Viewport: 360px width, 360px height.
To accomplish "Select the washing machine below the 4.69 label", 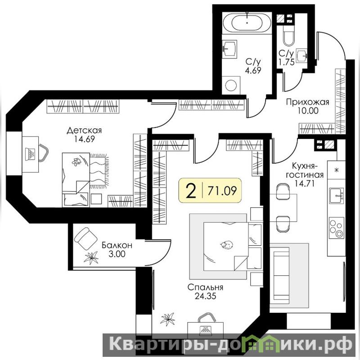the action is [231, 85].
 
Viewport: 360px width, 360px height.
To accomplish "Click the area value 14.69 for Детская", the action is [84, 139].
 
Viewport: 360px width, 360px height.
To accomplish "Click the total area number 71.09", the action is [222, 190].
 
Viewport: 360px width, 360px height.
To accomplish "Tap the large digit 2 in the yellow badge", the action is [191, 191].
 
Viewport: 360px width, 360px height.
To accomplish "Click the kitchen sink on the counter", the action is [337, 195].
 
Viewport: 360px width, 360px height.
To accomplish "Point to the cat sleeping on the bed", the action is [227, 245].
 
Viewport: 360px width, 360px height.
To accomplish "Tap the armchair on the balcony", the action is [85, 239].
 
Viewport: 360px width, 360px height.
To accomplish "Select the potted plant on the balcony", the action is [91, 257].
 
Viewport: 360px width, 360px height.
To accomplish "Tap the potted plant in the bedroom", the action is [167, 319].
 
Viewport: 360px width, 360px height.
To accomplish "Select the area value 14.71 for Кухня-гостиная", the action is [305, 183].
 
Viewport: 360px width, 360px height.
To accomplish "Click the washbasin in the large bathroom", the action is [230, 49].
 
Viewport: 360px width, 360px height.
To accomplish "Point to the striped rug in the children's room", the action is [99, 171].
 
